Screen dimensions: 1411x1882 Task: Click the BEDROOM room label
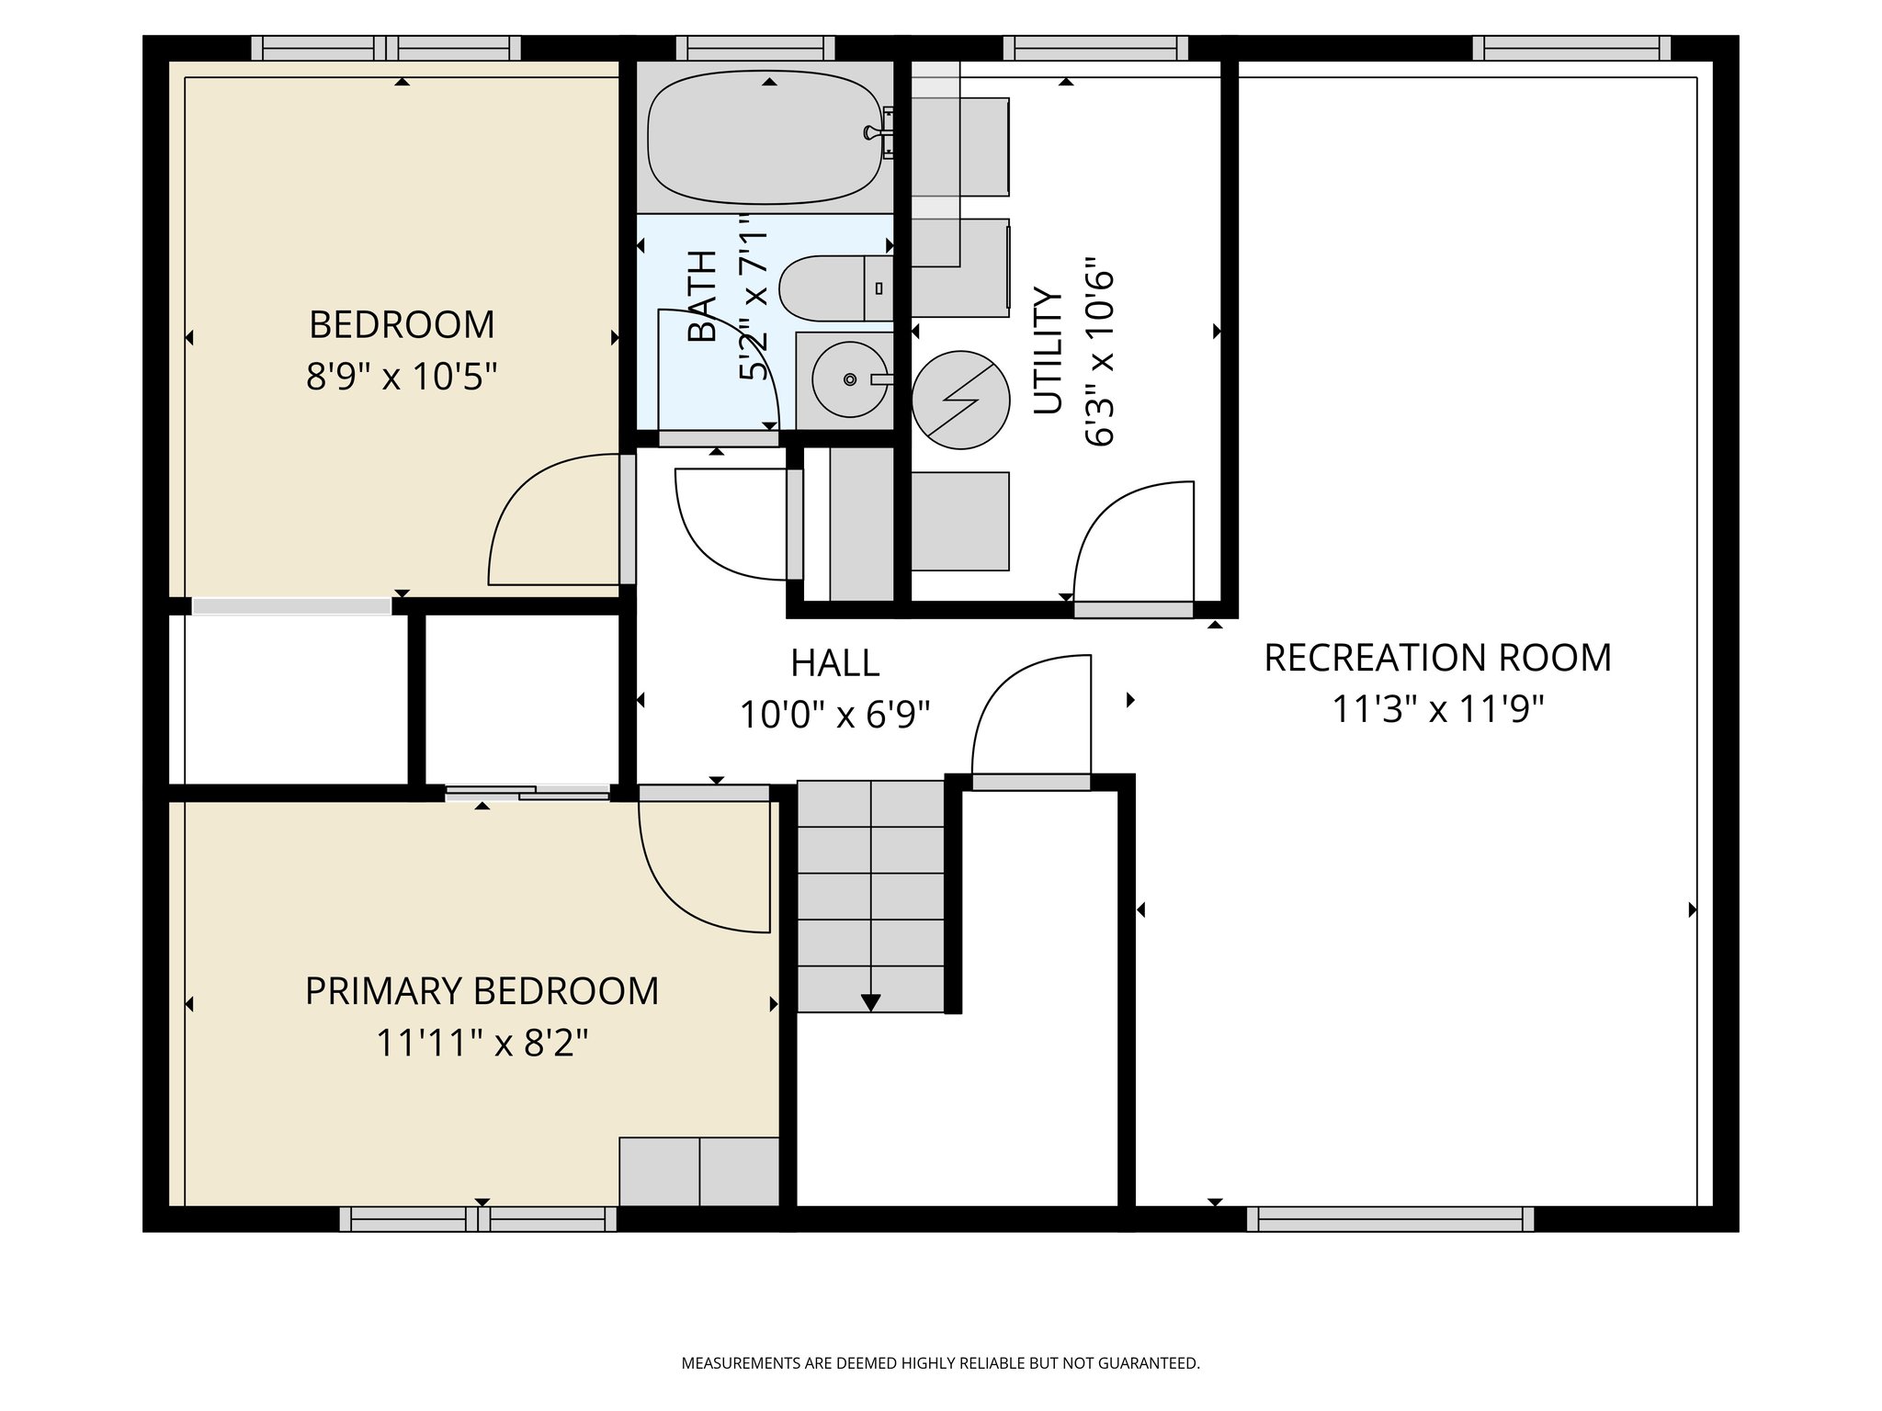click(x=402, y=325)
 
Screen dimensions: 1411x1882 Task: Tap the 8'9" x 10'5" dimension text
click(x=402, y=377)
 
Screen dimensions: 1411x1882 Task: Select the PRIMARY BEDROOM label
click(x=482, y=991)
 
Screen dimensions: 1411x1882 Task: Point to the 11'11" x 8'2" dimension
click(x=482, y=1044)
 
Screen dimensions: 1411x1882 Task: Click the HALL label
click(x=834, y=663)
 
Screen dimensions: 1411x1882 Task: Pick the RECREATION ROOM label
click(x=1437, y=658)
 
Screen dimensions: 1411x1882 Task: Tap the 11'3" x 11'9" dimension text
click(x=1437, y=709)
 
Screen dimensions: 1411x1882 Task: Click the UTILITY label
click(x=1048, y=351)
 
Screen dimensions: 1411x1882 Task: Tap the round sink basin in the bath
click(x=850, y=378)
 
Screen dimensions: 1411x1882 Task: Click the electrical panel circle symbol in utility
click(x=960, y=401)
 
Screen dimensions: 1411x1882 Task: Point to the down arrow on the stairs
click(x=870, y=1001)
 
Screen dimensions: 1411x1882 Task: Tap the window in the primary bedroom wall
click(x=478, y=1219)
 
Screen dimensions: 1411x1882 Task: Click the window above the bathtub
click(x=755, y=48)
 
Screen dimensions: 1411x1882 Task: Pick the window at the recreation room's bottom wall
click(x=1389, y=1219)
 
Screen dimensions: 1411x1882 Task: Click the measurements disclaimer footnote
click(x=940, y=1363)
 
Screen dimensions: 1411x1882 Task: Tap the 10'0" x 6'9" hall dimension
click(x=834, y=715)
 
